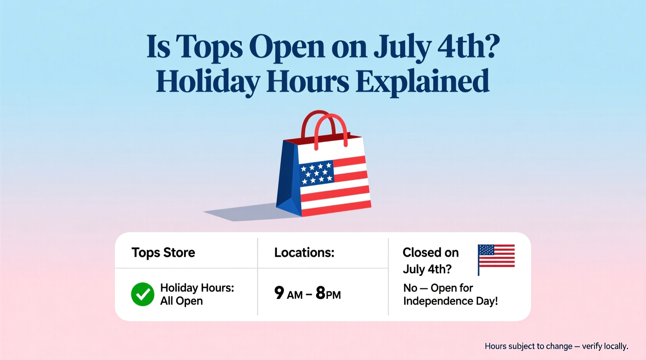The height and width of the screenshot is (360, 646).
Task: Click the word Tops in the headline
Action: (x=209, y=47)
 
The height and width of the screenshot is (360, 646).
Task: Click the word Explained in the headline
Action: (x=422, y=82)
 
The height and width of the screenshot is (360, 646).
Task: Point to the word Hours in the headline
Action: (x=307, y=81)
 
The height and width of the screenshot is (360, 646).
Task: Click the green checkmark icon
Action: (x=142, y=294)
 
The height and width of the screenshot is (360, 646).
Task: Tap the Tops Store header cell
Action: (x=163, y=253)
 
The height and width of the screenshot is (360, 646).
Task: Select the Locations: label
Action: (x=304, y=253)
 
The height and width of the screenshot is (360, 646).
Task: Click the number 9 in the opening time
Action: (x=279, y=293)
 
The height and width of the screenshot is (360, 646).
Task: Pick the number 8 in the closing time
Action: (x=320, y=293)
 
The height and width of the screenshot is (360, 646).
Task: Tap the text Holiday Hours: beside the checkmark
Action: (x=197, y=288)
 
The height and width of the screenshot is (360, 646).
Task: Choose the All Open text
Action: (x=181, y=301)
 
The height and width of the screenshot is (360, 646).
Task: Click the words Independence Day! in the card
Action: (x=450, y=301)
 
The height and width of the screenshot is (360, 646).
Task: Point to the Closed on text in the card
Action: (x=430, y=253)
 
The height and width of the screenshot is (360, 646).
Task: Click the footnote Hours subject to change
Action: (x=556, y=346)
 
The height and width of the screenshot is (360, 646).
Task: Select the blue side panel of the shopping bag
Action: (x=288, y=178)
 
